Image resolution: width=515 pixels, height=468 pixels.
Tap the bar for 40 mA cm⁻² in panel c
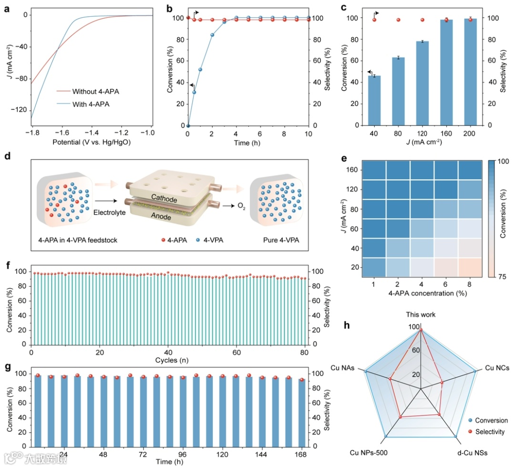pos(374,100)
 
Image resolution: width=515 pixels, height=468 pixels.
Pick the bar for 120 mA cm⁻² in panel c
pos(422,83)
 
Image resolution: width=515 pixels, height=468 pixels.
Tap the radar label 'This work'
pos(421,315)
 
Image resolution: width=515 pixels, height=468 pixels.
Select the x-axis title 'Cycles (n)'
pos(169,359)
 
